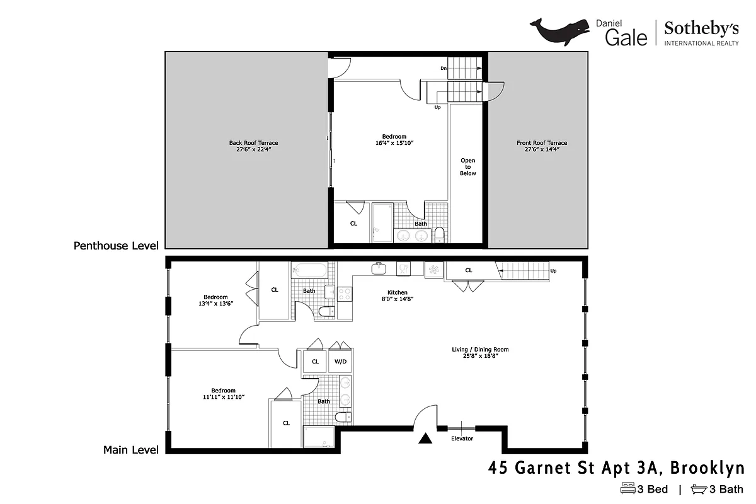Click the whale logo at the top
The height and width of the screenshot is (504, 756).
(559, 32)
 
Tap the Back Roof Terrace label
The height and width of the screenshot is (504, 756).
(253, 146)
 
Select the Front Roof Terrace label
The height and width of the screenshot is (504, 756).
(541, 146)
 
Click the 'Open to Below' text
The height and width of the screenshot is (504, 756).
(467, 166)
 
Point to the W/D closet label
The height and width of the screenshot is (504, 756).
(340, 362)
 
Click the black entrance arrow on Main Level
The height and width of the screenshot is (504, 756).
(427, 439)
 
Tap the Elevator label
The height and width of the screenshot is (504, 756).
(462, 438)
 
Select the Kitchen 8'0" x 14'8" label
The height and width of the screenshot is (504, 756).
(398, 295)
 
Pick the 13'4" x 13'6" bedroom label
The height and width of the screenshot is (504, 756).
(215, 301)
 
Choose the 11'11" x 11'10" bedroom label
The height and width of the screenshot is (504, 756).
(223, 394)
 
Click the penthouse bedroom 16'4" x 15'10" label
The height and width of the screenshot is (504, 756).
(394, 140)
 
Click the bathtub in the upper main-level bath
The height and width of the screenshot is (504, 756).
(309, 272)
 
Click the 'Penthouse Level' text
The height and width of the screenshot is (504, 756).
(116, 245)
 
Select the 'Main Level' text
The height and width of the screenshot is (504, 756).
(130, 450)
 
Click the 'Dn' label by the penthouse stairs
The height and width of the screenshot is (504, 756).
(444, 68)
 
